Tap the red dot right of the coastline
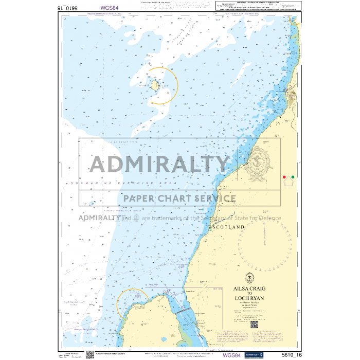[x=284, y=177]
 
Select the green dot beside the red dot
[x=293, y=177]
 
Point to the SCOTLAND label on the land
[x=228, y=227]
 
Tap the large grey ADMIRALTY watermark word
[x=159, y=164]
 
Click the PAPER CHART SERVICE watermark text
[x=179, y=198]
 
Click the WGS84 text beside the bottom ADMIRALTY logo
[x=231, y=355]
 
